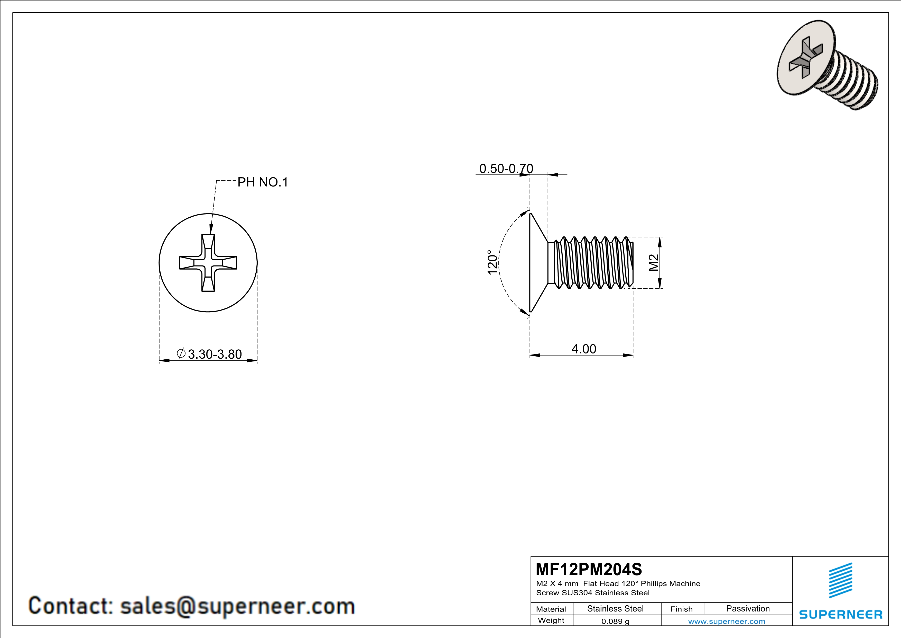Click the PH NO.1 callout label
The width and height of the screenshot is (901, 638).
pos(263,182)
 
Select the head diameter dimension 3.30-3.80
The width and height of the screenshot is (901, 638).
pos(215,354)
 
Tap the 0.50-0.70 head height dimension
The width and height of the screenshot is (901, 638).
pos(506,169)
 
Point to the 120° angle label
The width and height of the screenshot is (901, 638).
pos(493,262)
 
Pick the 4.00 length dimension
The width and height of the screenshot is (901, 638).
pos(583,349)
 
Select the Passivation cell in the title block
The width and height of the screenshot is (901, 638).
pos(748,608)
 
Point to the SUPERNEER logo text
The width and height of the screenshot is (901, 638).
pos(841,614)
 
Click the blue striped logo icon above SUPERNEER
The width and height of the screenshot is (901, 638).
pos(841,580)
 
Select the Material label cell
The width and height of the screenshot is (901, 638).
pos(551,609)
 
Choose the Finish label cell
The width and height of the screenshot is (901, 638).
pos(681,609)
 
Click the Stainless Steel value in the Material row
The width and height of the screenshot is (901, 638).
pos(615,608)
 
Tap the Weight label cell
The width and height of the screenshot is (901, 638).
pos(551,620)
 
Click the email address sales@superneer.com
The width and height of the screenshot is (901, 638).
pos(237,606)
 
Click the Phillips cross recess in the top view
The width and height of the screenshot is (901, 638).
pos(208,263)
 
